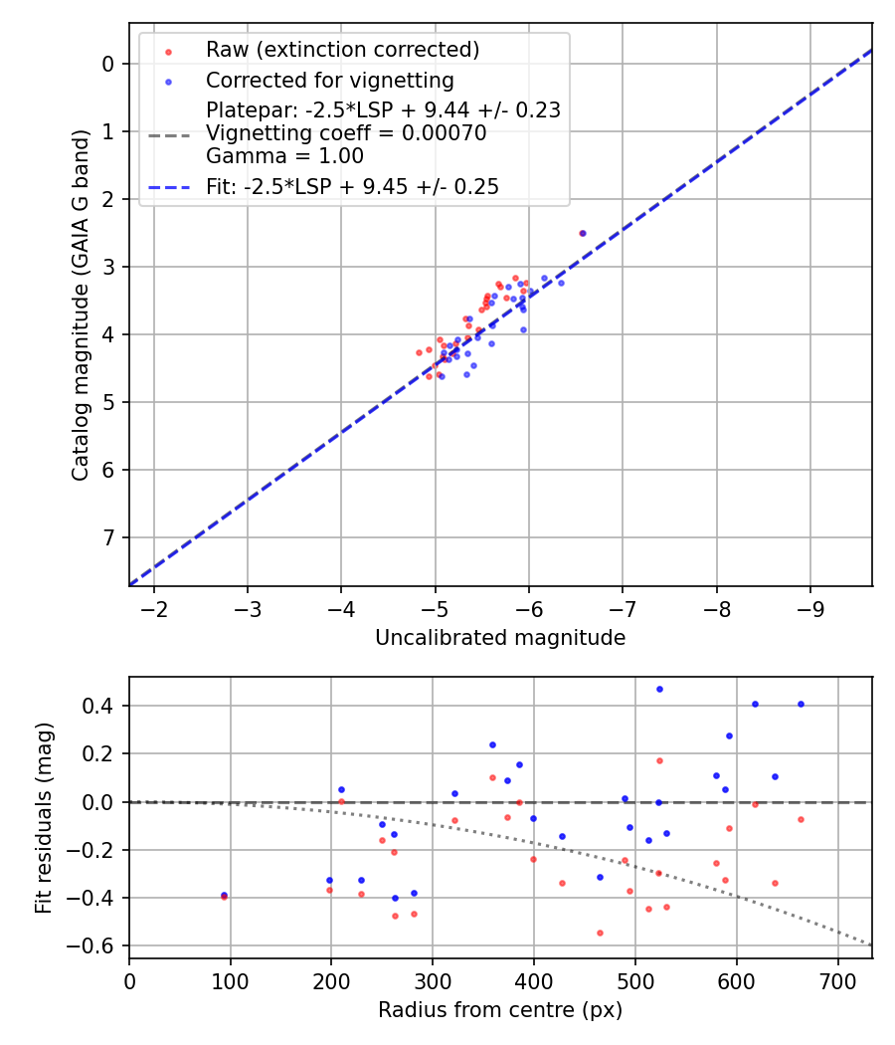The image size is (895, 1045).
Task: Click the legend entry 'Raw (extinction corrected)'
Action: (342, 50)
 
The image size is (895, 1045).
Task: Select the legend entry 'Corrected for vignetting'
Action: (329, 81)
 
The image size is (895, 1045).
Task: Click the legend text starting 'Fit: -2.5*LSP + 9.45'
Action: (352, 186)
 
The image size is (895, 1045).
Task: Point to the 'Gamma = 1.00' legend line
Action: (284, 156)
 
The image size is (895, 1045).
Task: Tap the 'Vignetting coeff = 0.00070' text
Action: (346, 133)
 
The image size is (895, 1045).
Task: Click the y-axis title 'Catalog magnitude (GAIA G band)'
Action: (82, 304)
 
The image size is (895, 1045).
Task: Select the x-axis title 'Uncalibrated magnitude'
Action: (500, 638)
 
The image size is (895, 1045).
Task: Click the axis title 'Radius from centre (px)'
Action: (500, 1010)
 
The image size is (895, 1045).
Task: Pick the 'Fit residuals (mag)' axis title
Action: (43, 818)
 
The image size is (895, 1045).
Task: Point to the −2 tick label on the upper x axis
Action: (154, 609)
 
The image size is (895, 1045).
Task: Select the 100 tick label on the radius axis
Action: (231, 981)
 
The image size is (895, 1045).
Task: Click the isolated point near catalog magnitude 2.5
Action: (582, 233)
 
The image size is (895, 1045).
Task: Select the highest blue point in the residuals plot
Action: (659, 689)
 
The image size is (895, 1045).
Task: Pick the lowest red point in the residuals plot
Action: (601, 933)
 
